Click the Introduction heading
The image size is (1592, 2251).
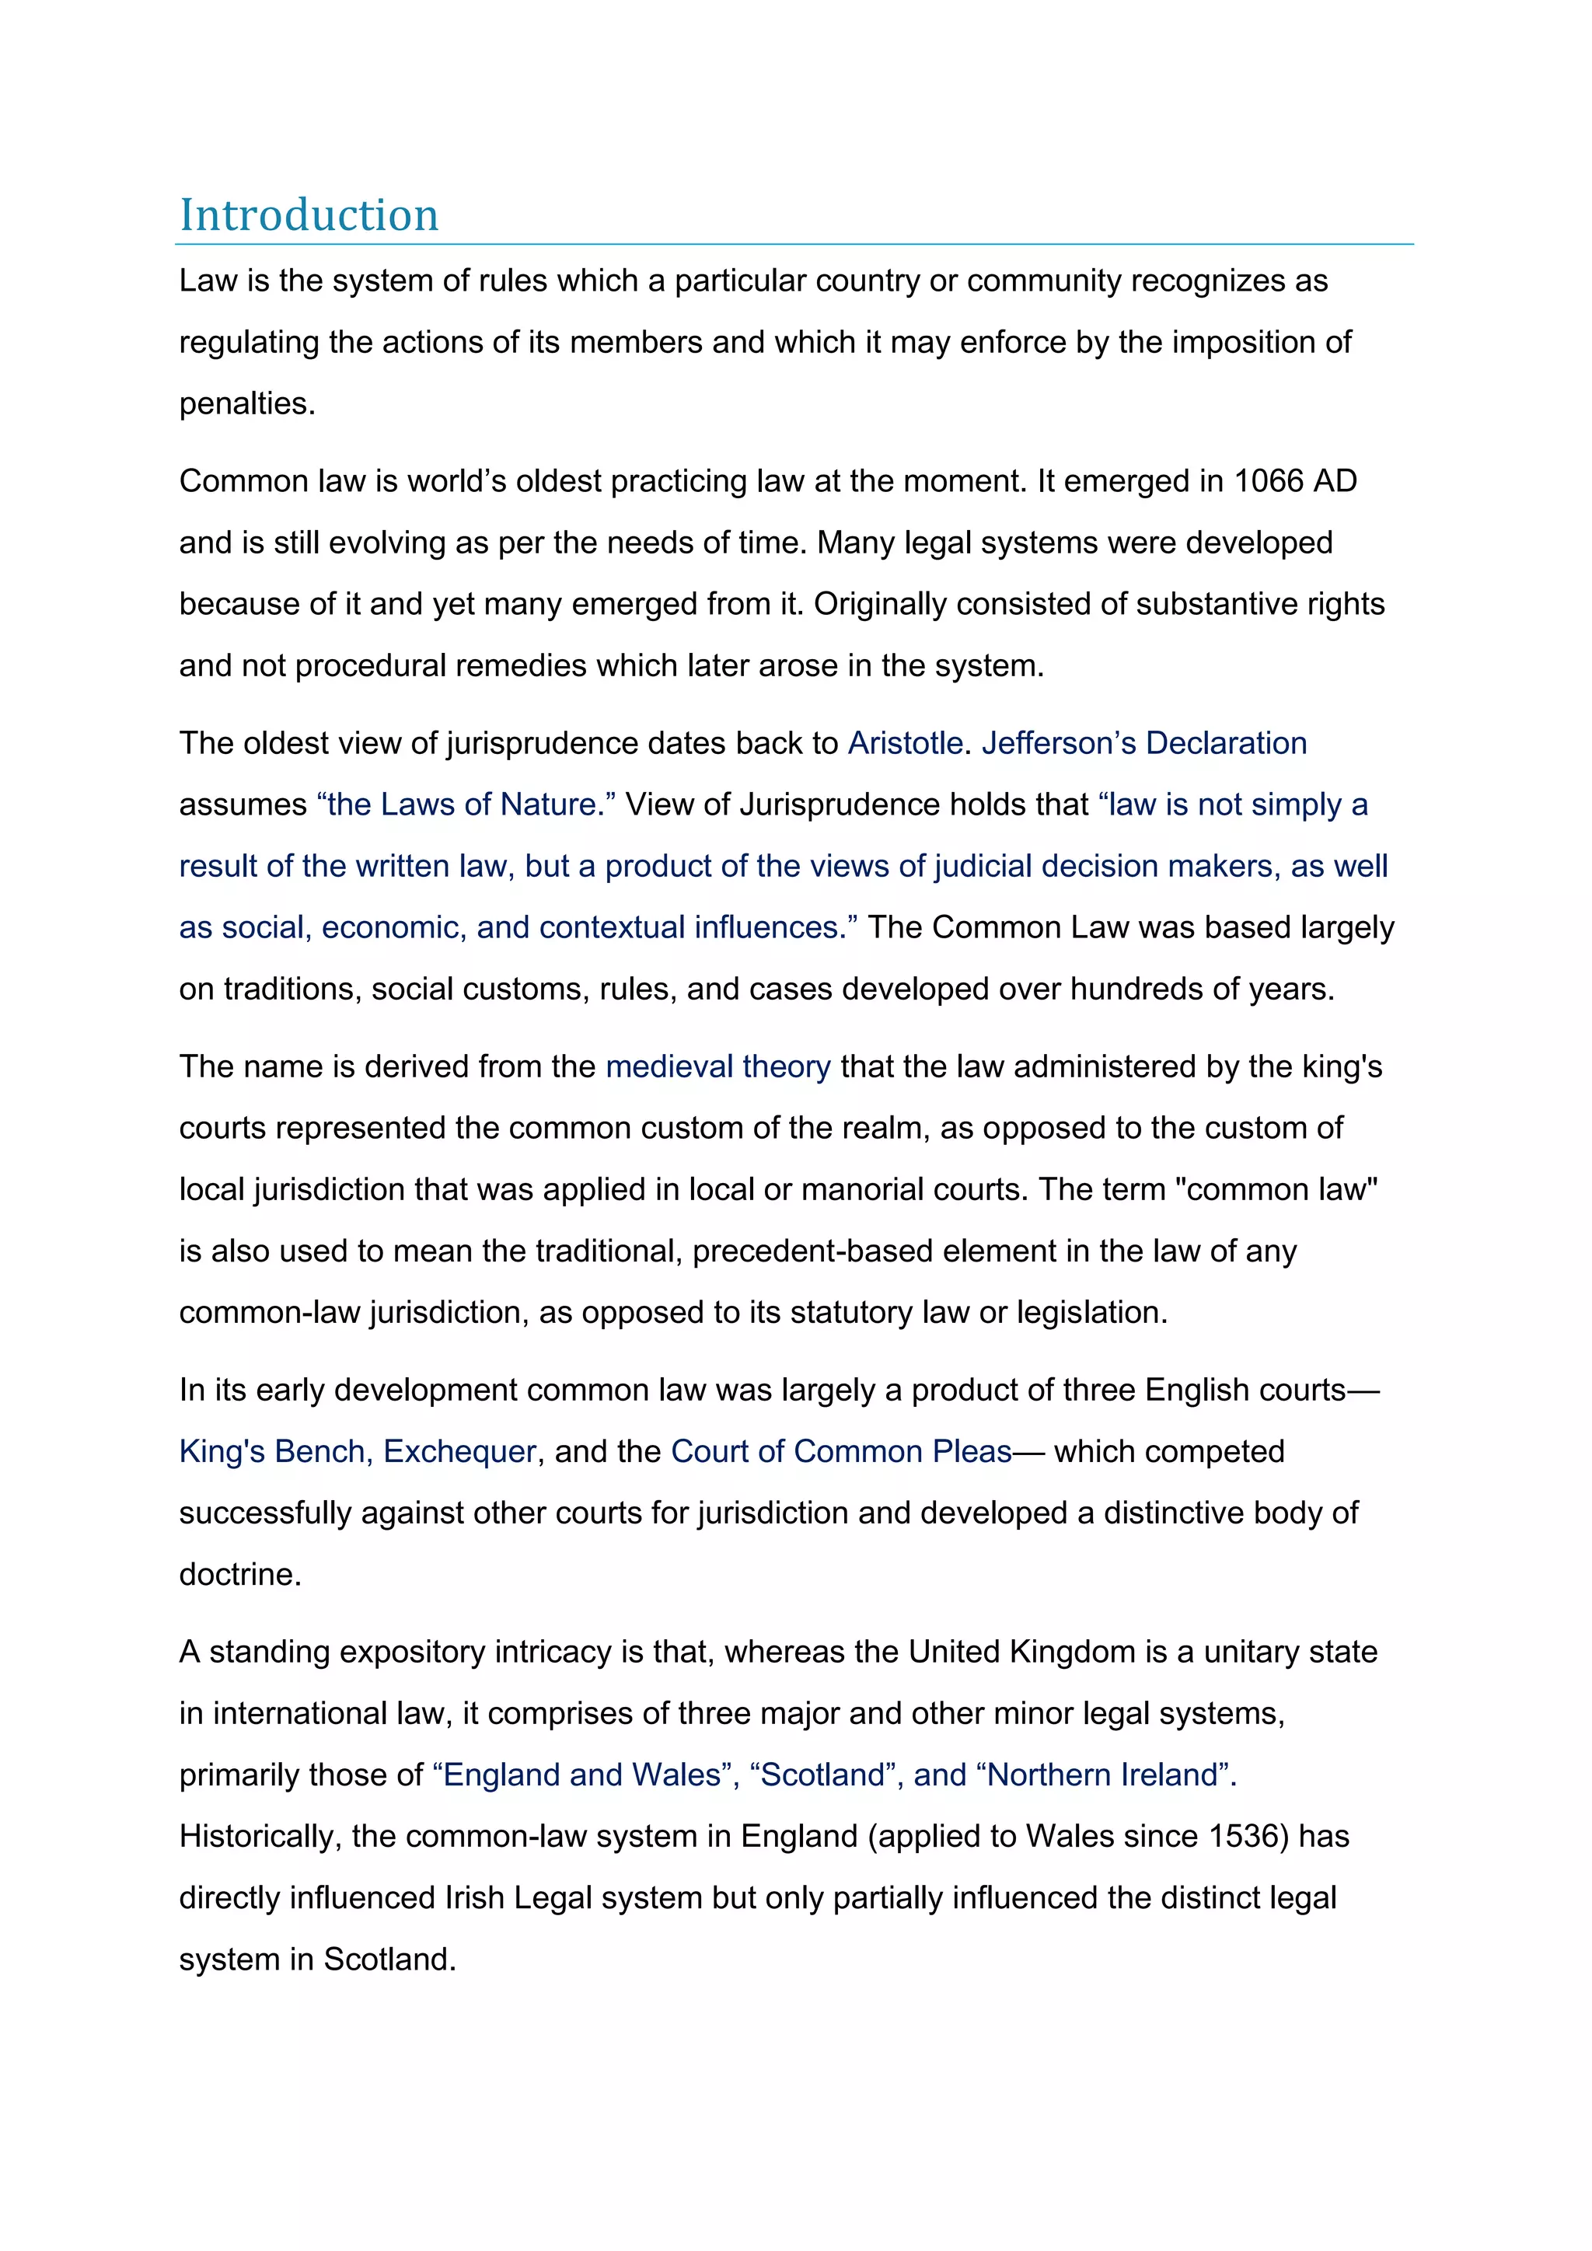(x=309, y=215)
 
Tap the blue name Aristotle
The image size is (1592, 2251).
(x=905, y=743)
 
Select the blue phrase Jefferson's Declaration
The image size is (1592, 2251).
(x=1144, y=743)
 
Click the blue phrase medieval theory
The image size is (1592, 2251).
(x=717, y=1066)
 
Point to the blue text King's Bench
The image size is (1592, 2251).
(x=274, y=1451)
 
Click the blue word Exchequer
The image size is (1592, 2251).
(x=459, y=1451)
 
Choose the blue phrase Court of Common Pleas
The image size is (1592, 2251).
(x=841, y=1451)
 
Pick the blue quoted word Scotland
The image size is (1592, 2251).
(x=822, y=1775)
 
